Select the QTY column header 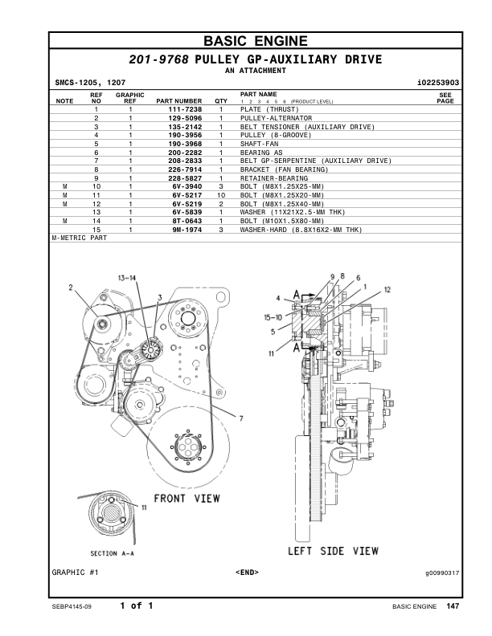221,101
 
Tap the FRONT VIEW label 187,498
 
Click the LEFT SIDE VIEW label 333,551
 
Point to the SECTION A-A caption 112,553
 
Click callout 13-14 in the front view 126,277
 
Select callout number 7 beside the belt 240,418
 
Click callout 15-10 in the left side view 273,317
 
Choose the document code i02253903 438,82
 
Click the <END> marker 247,573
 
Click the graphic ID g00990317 442,573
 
